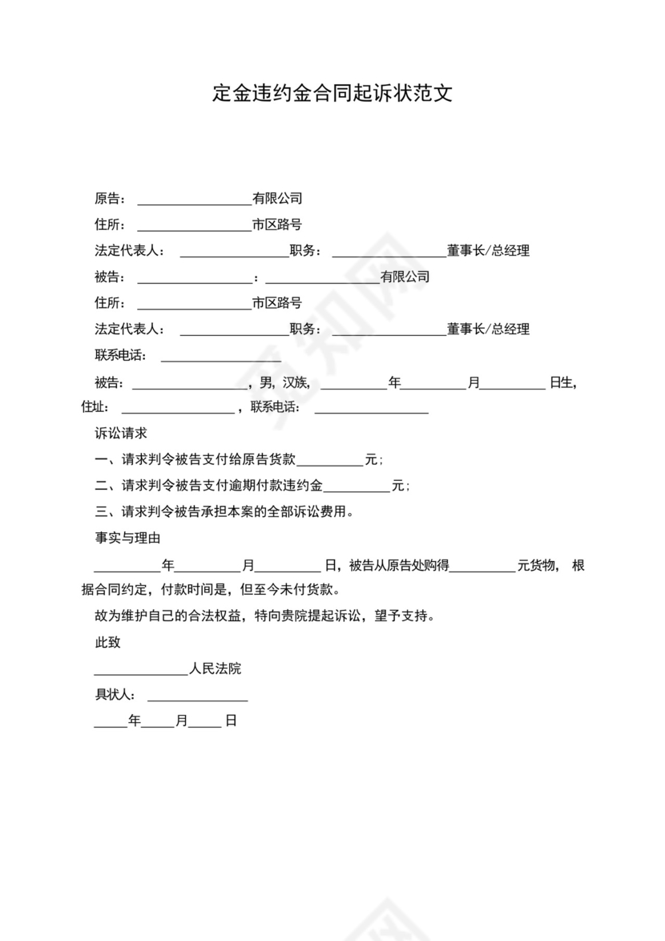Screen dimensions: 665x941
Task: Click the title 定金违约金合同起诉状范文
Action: click(332, 94)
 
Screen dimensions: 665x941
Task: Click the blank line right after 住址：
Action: click(177, 410)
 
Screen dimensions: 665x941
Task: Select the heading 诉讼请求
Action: click(121, 434)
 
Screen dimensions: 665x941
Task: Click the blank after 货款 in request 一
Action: click(330, 462)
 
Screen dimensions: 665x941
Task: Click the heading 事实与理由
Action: click(128, 538)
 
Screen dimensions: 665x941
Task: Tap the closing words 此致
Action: click(108, 643)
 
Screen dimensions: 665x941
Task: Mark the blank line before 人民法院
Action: click(141, 671)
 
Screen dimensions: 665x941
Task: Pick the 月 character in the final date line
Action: click(182, 721)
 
